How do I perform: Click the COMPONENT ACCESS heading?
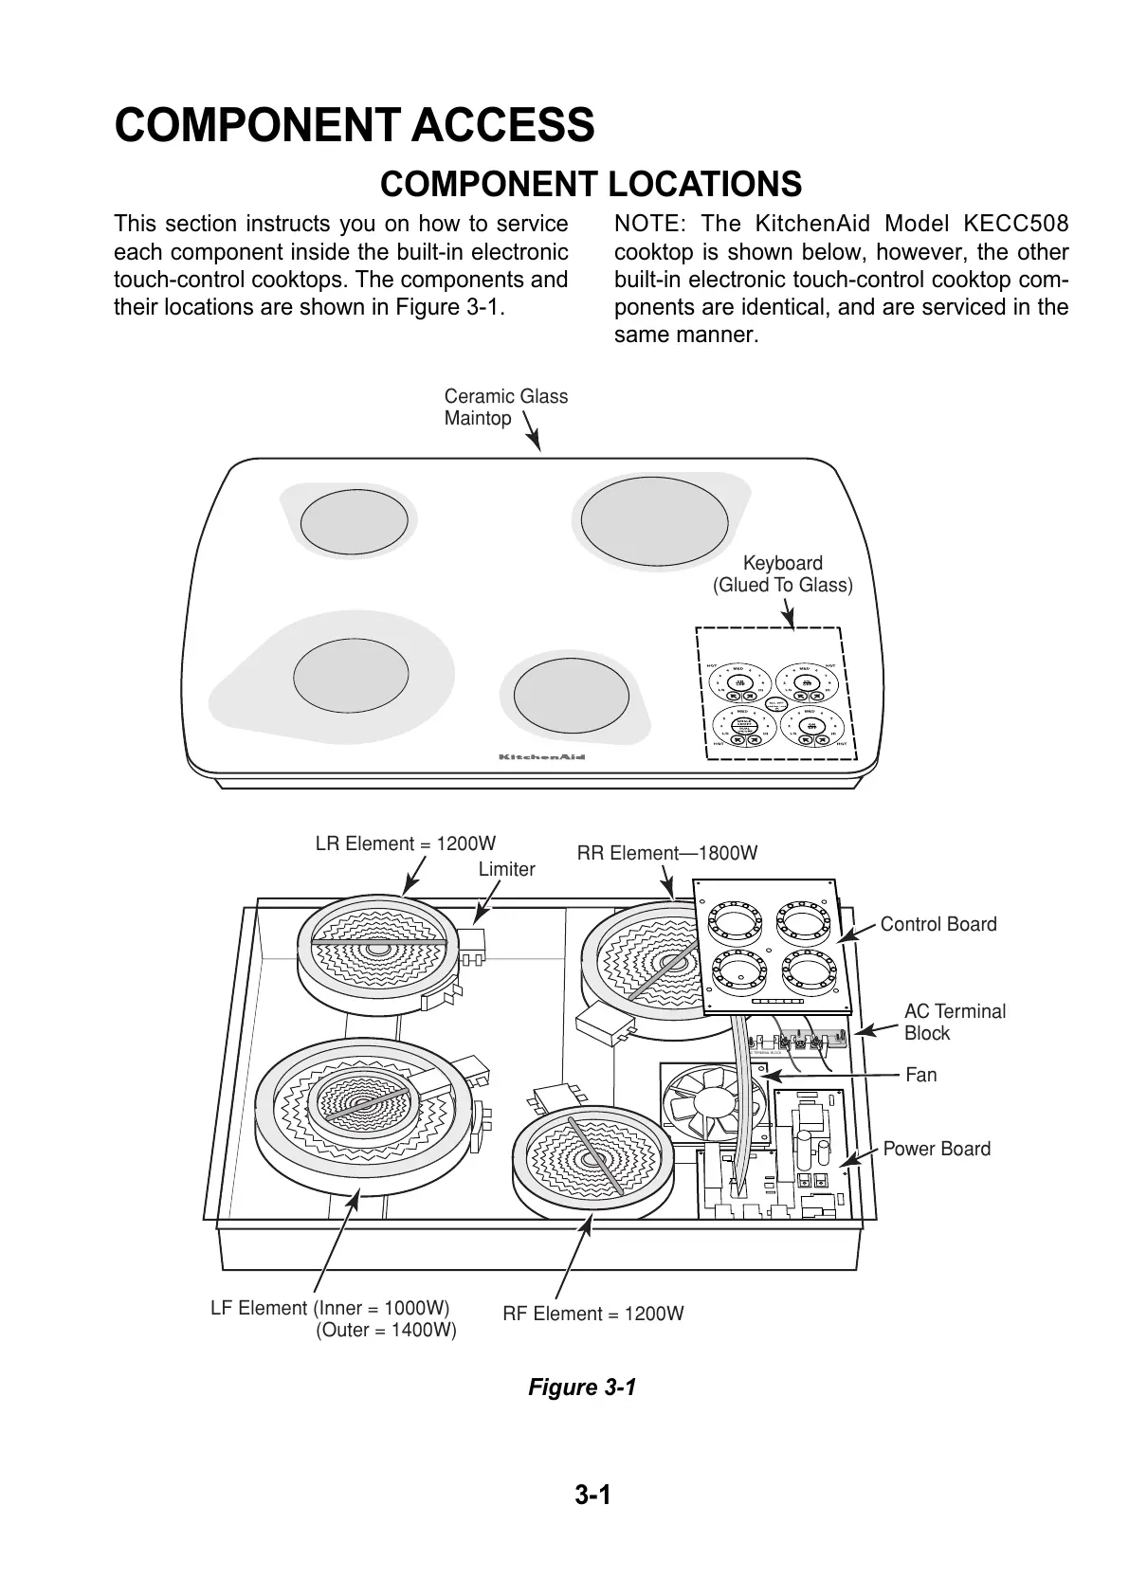355,125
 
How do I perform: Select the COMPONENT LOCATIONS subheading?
591,184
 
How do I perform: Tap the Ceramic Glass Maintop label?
505,408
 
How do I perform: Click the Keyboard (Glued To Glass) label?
782,574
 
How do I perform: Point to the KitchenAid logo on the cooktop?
542,757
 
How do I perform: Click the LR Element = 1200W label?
406,843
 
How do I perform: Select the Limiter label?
506,869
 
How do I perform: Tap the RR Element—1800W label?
667,853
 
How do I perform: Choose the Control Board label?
938,924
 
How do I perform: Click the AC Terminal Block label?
955,1022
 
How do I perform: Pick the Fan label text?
921,1075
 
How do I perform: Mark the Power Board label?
937,1149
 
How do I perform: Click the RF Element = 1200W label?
592,1314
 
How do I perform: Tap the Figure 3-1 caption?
582,1387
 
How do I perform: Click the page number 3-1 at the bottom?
592,1496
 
